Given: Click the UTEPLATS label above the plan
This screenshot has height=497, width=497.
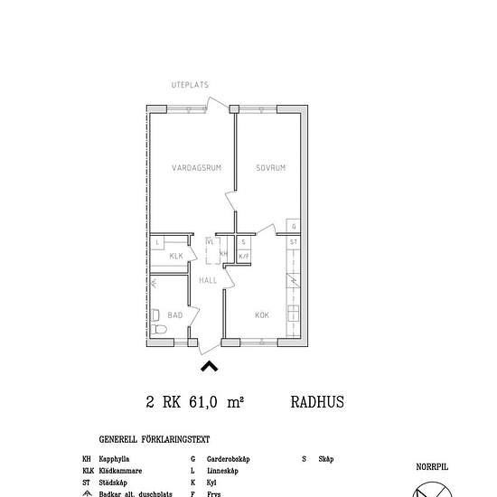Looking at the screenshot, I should coord(190,85).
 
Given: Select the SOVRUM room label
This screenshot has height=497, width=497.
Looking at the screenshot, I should coord(271,168).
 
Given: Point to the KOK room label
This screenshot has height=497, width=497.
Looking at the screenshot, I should coord(262,315).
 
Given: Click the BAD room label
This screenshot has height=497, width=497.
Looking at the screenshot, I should coord(175,315).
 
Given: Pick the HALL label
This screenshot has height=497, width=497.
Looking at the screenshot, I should coord(209,281).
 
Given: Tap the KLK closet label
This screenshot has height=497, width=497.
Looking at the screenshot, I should coord(177,257).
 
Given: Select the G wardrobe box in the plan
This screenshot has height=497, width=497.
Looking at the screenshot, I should coord(294,226).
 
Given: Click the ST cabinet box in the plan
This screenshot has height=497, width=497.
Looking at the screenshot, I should coord(294,243).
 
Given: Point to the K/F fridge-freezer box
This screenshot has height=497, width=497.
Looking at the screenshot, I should coord(244,257).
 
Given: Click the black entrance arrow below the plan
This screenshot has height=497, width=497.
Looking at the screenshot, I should coord(209,366).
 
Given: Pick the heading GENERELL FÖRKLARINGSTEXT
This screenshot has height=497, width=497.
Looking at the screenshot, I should coord(155,440).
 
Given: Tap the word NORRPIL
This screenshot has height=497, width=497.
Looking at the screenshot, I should coord(432,467).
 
